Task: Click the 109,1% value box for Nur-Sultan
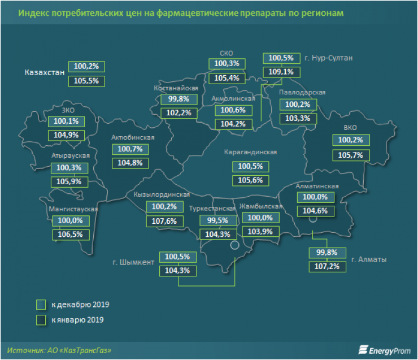tap(280, 72)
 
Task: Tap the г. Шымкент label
tap(133, 262)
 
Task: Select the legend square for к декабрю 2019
tap(41, 305)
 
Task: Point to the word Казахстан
tap(44, 73)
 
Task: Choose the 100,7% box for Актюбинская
tap(130, 149)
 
